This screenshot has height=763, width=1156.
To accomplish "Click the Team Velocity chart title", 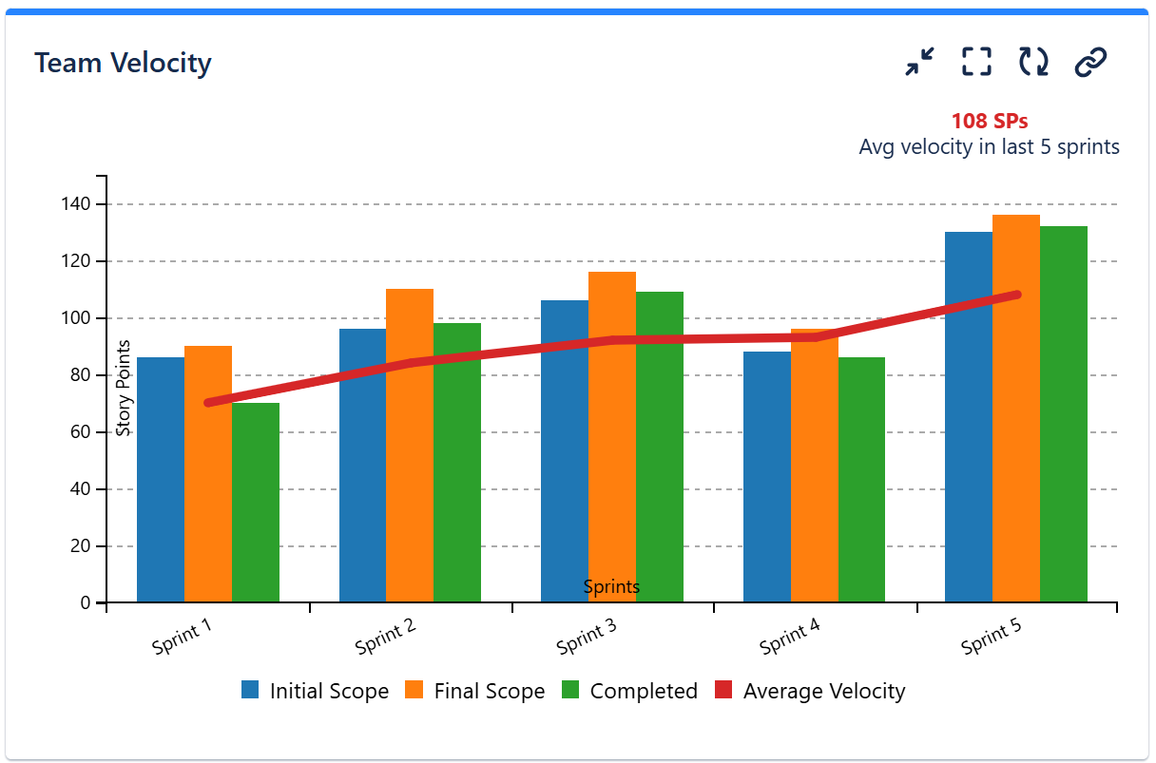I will (x=123, y=64).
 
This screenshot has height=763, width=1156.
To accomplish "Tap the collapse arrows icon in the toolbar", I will (x=919, y=62).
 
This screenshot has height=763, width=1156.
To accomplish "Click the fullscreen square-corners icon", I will (x=976, y=62).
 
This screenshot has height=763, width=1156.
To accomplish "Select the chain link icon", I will (x=1090, y=62).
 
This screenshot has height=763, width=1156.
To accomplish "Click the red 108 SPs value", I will (x=989, y=122).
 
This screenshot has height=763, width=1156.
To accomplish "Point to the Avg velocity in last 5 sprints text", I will (x=989, y=147).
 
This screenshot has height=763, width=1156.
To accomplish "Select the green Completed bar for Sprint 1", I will (x=255, y=504).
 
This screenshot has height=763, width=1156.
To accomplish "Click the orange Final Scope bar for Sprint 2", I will (x=410, y=447).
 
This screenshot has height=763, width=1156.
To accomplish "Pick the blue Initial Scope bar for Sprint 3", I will (x=564, y=451).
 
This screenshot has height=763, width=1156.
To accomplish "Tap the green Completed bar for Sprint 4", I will (x=861, y=480).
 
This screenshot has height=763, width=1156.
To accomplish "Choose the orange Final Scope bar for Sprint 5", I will (x=1015, y=409).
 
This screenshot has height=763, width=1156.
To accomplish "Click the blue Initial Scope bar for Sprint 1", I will (x=160, y=480).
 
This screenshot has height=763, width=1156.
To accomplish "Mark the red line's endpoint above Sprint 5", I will (x=1017, y=295).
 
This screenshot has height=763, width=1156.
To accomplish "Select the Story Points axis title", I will (x=123, y=388).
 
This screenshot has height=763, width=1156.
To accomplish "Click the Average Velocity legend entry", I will (x=809, y=691).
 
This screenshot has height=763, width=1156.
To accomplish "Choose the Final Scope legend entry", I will (x=475, y=691).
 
